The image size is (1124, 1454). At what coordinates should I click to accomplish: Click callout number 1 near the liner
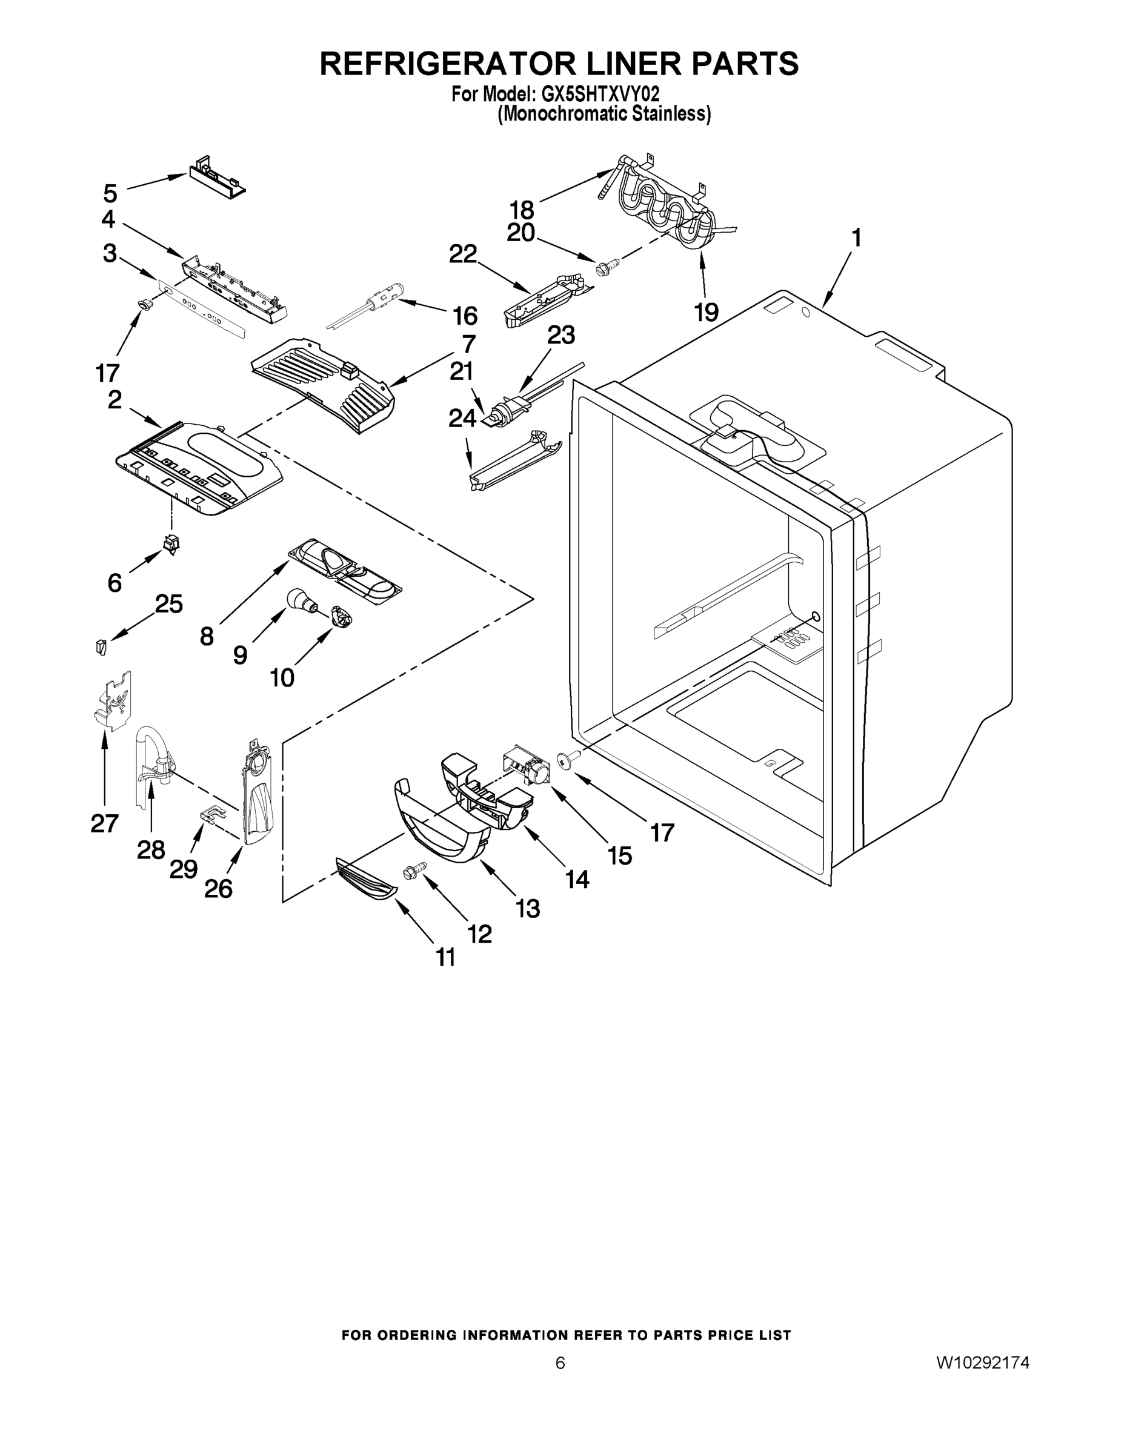point(856,238)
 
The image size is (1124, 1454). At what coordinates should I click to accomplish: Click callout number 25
point(168,604)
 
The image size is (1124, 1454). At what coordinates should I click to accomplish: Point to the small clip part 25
point(101,646)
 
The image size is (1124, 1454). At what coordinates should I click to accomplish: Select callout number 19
point(707,311)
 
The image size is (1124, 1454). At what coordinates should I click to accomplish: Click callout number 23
point(560,335)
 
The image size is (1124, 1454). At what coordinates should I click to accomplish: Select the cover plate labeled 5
point(215,176)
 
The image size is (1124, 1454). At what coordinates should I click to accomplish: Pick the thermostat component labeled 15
point(530,765)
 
